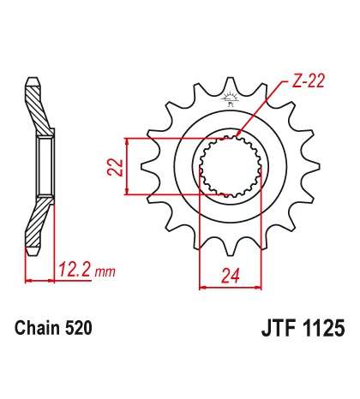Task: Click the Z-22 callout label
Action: click(x=308, y=81)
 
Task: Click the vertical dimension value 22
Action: click(x=115, y=166)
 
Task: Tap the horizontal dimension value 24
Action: click(x=231, y=276)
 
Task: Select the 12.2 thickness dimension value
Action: click(x=75, y=270)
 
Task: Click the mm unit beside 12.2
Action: click(x=105, y=272)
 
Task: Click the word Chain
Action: click(x=38, y=328)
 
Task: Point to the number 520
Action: click(x=79, y=328)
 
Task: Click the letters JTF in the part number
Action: click(x=278, y=328)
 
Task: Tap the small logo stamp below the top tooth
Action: click(x=230, y=99)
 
